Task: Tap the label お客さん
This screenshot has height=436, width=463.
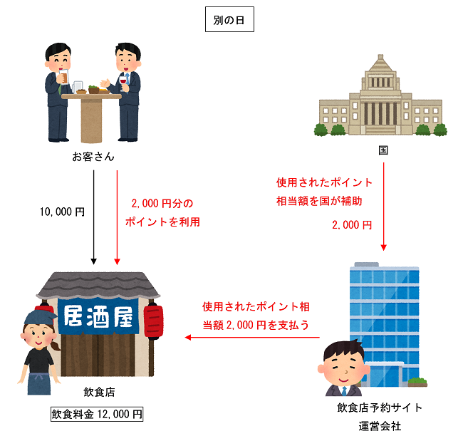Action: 93,156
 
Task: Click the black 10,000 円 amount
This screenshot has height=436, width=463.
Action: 63,212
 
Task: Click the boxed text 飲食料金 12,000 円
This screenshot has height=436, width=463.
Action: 97,414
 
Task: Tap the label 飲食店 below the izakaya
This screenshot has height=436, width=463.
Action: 97,393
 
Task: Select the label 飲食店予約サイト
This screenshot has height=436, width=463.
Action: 380,408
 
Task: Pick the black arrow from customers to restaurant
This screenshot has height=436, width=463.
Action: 94,214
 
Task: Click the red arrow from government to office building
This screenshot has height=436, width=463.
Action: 384,207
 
